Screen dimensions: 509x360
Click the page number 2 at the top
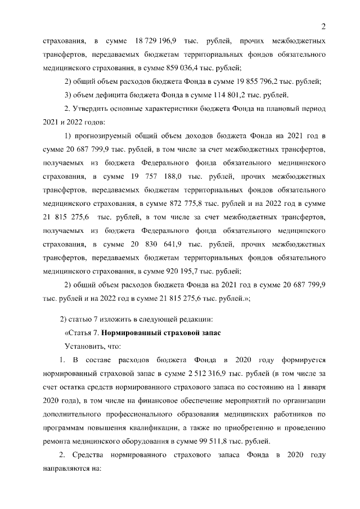click(x=324, y=25)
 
